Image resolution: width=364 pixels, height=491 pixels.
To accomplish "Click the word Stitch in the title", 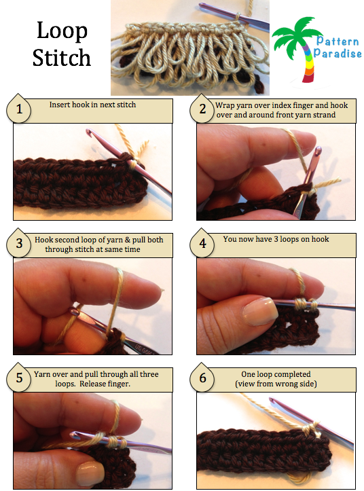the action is pos(62,58).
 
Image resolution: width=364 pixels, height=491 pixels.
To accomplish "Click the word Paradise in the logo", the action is pos(338,54).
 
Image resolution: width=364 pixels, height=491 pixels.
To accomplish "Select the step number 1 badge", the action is pos(19,109).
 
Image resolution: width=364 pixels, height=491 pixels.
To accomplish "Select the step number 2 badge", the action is pos(202,109).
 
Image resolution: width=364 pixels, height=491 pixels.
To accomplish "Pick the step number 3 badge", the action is pos(19,243).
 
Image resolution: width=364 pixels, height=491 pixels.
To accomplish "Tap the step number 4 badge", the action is pos(202,243).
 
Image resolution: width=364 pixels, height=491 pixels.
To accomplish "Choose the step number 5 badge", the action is pos(19,378).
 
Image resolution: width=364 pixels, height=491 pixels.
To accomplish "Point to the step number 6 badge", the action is pos(202,378).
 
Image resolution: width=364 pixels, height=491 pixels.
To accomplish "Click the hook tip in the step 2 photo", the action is pos(318,150).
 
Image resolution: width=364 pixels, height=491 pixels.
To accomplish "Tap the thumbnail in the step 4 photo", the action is pos(260,311).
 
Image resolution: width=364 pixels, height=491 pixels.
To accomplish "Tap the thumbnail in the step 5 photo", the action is pos(90,472).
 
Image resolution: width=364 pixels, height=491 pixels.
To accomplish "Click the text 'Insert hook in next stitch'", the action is pos(93,105).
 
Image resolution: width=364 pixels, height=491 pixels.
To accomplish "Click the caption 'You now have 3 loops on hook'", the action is pos(276,239).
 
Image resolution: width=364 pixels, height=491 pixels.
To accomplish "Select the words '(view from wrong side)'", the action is pos(276,384).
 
